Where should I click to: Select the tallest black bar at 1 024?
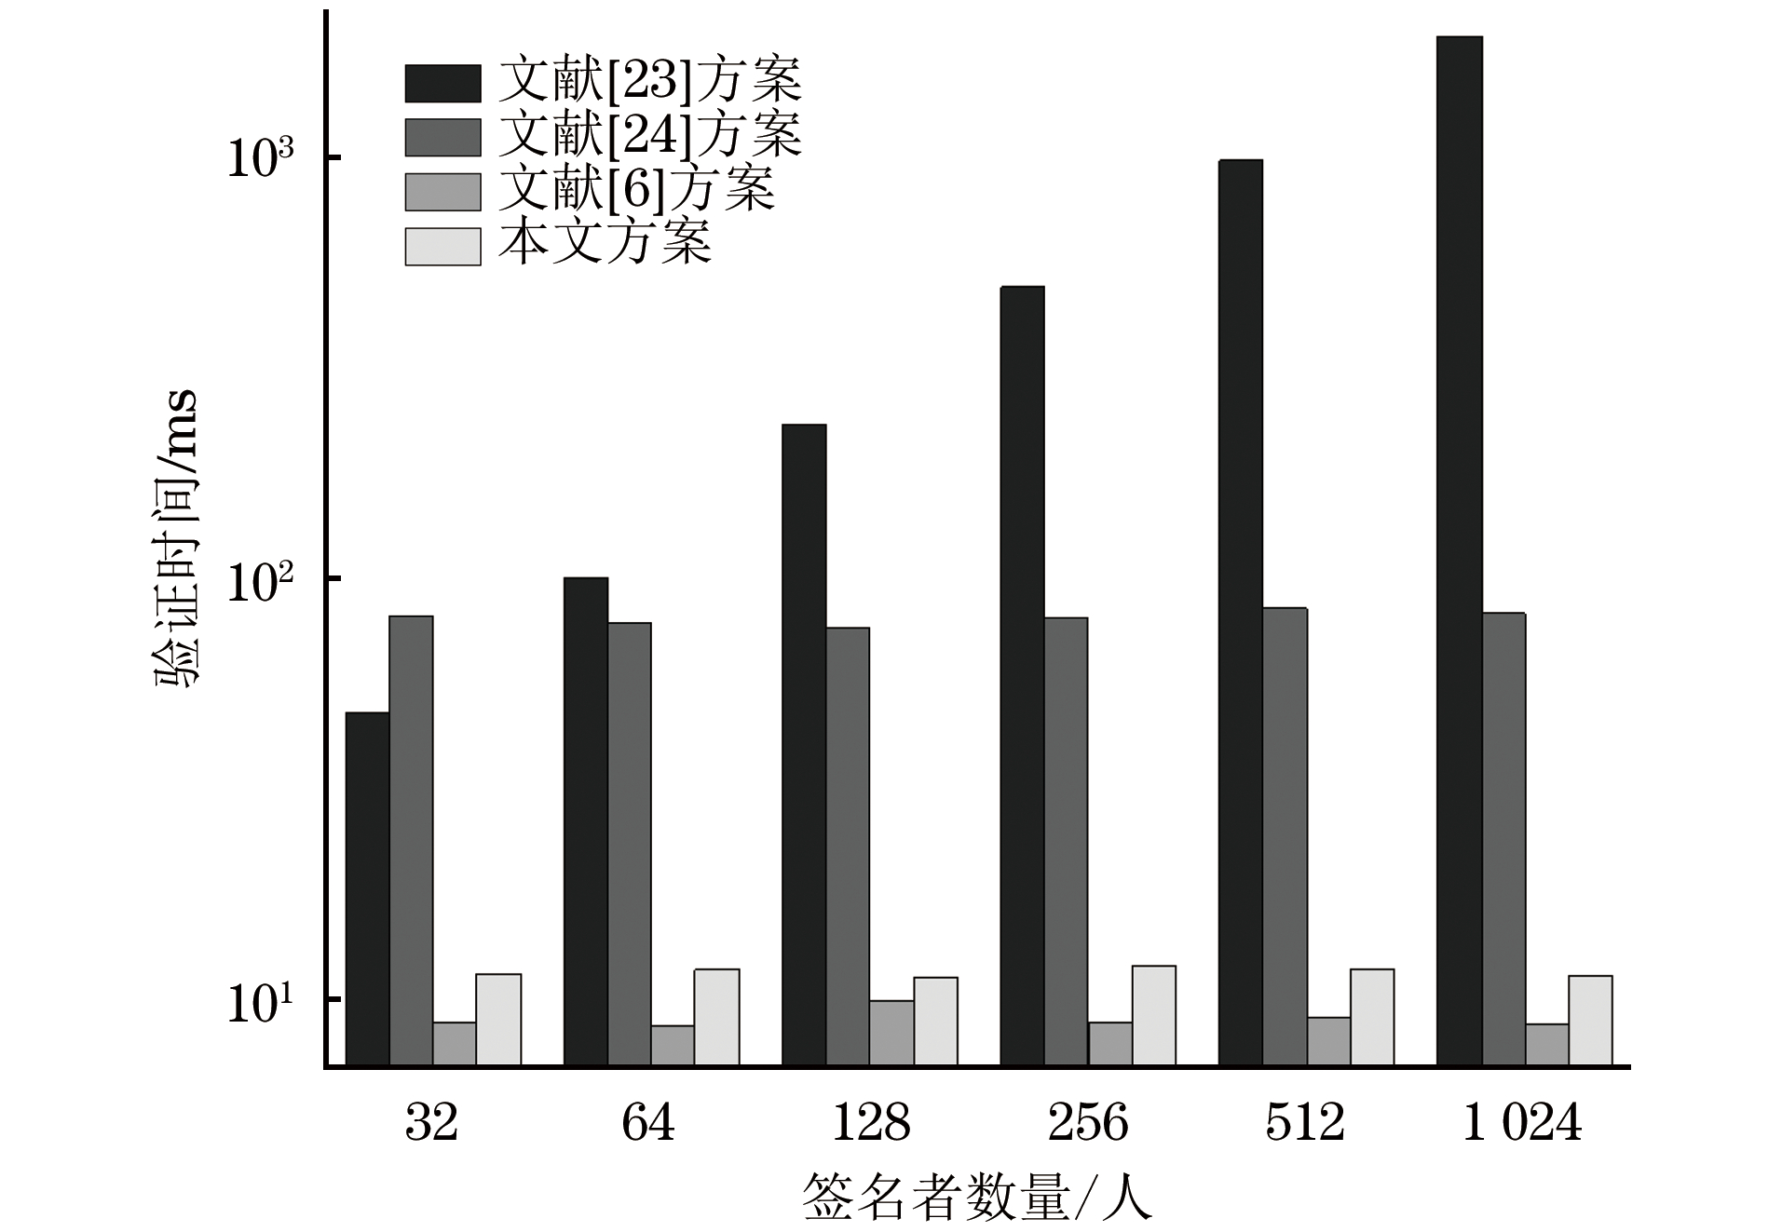(1459, 549)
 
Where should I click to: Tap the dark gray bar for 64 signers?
(630, 843)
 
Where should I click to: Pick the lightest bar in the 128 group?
(935, 1021)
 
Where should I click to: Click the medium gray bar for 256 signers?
(1110, 1043)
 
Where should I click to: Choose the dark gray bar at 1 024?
(1503, 838)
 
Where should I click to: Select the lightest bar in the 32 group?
(498, 1019)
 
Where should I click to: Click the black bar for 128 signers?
(804, 744)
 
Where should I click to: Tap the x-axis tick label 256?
(1087, 1122)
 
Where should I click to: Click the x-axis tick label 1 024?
(1522, 1122)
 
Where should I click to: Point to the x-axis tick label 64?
(647, 1122)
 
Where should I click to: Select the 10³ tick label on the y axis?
(260, 158)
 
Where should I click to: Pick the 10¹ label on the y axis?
(260, 1002)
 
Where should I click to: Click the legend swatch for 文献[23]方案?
(442, 83)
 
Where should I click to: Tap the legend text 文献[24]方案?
(649, 136)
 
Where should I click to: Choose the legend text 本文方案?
(605, 244)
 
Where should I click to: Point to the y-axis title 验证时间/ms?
(177, 537)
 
